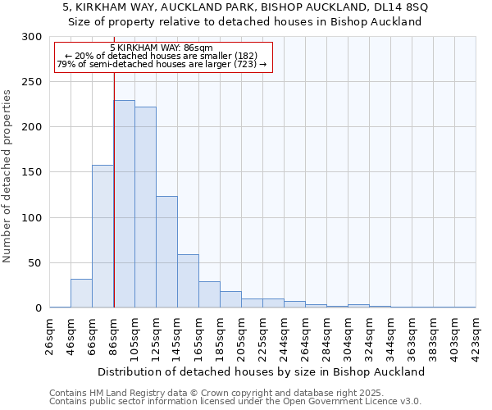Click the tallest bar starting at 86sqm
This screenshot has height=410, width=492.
pos(124,204)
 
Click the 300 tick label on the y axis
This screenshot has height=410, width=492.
pos(32,37)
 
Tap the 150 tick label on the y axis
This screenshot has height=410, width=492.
pos(32,172)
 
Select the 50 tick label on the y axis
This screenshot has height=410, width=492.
pos(35,263)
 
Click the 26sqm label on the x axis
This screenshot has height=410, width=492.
pos(50,335)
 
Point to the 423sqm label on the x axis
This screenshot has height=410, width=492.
pos(476,335)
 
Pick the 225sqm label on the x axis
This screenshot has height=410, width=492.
pos(263,335)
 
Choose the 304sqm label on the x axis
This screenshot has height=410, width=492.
pos(348,335)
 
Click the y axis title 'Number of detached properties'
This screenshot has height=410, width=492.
pos(8,176)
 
